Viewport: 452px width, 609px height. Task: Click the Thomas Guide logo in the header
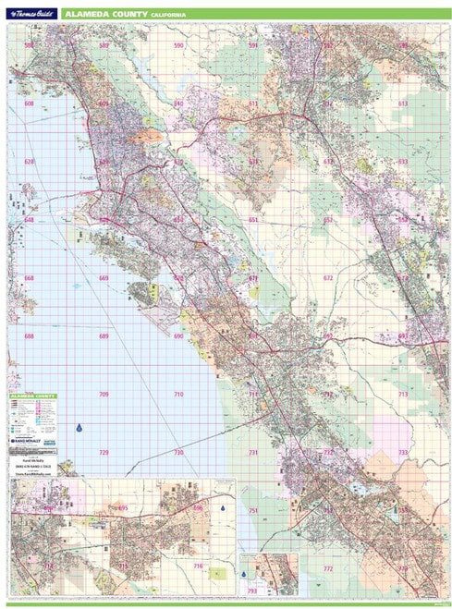(31, 14)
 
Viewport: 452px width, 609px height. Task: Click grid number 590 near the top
(177, 45)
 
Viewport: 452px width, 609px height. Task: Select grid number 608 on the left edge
(29, 104)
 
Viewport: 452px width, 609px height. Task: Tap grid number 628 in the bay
(29, 162)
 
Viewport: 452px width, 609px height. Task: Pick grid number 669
(104, 278)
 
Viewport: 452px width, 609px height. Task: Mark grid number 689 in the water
(104, 336)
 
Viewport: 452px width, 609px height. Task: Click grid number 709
(104, 395)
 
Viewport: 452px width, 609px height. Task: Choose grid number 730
(178, 453)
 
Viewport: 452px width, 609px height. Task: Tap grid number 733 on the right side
(402, 453)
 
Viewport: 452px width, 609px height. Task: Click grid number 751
(252, 511)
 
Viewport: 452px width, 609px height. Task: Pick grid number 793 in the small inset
(252, 591)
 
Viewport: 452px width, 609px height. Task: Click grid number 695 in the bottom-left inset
(123, 508)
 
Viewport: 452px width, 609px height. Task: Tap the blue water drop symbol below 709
(80, 428)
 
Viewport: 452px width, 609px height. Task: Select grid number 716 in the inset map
(197, 566)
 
